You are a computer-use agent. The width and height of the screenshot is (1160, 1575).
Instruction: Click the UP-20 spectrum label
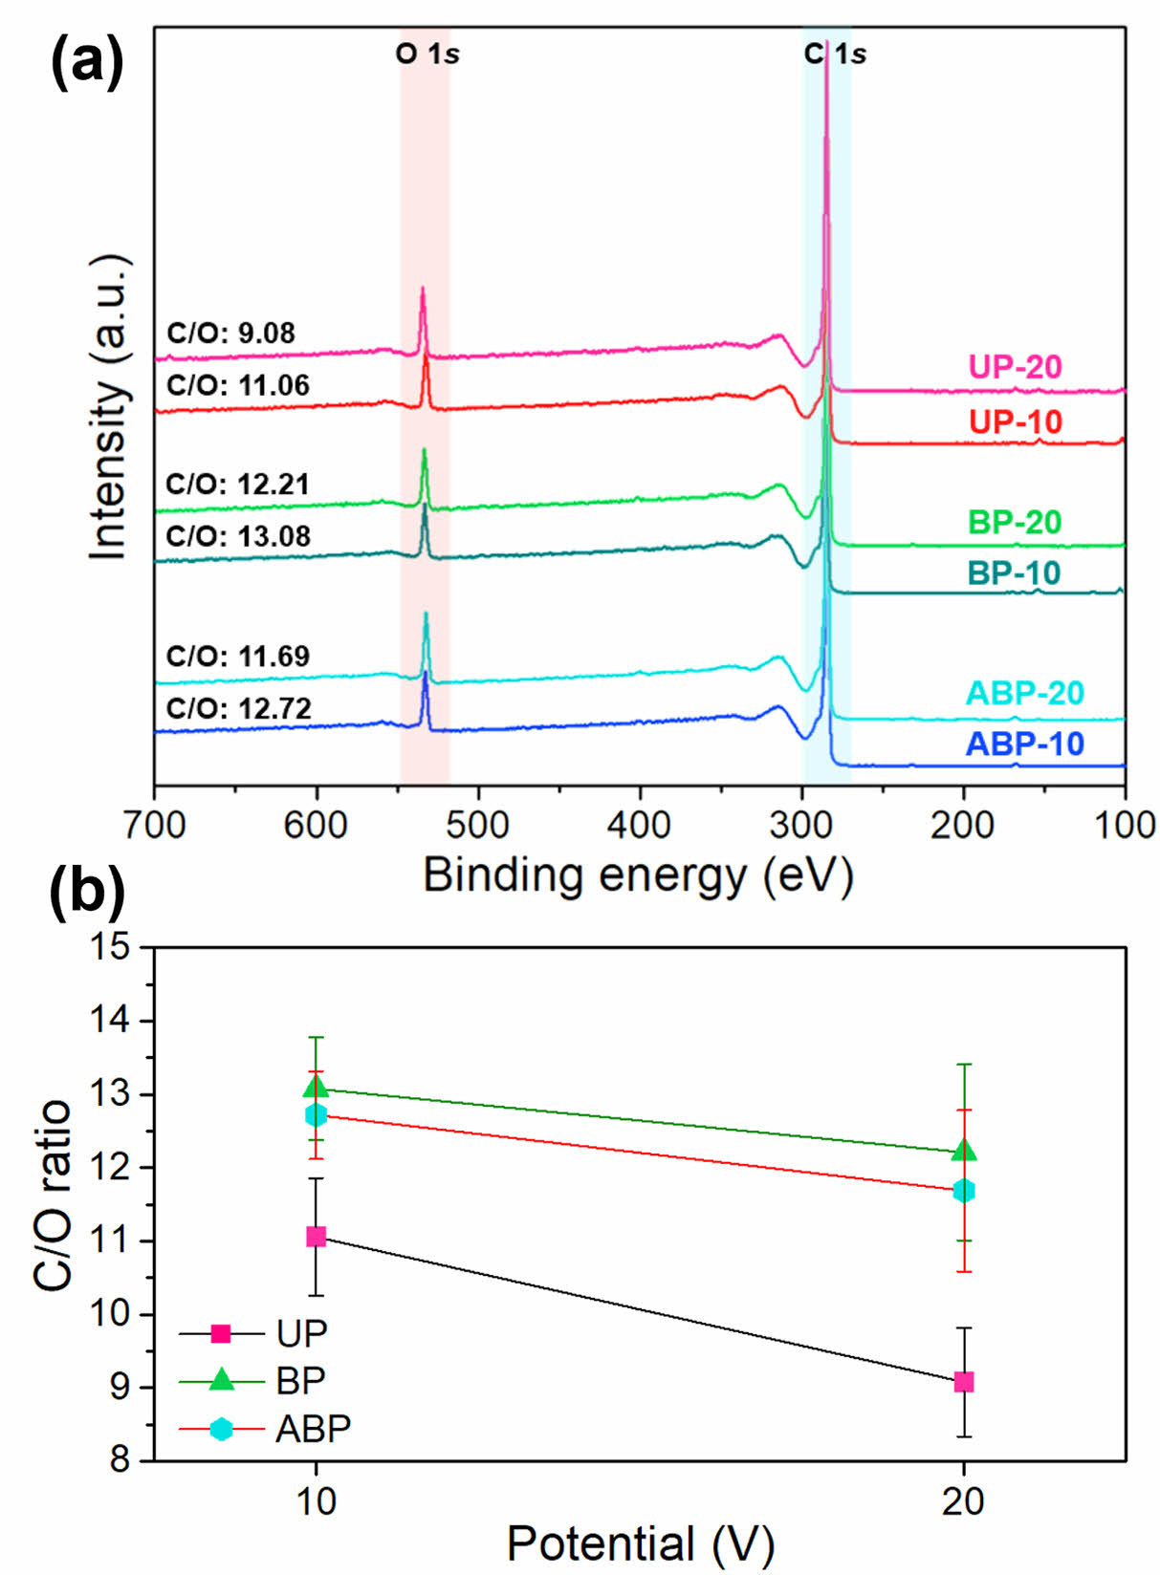[x=1015, y=367]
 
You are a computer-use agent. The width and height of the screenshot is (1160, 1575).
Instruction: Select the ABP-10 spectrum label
[x=1025, y=744]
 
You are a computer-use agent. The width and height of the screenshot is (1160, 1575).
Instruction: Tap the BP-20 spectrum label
[x=1015, y=523]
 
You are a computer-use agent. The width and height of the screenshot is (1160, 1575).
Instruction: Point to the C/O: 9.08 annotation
[x=230, y=334]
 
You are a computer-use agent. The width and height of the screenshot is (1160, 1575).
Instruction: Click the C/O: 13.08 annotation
[x=238, y=536]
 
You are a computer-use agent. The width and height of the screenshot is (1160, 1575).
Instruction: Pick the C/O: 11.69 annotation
[x=238, y=657]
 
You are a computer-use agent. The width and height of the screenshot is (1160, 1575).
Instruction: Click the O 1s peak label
[x=427, y=54]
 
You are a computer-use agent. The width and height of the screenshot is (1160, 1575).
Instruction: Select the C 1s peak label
[x=835, y=54]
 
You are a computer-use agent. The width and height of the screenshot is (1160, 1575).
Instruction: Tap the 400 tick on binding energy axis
[x=640, y=825]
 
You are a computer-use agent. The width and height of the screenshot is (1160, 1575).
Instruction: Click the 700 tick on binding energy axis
[x=155, y=825]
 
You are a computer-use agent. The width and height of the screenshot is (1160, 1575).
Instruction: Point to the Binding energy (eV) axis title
[x=638, y=874]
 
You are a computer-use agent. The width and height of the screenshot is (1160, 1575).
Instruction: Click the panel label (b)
[x=87, y=892]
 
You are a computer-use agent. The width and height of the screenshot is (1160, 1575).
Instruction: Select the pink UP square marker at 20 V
[x=964, y=1382]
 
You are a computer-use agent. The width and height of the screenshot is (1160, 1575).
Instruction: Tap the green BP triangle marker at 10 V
[x=316, y=1088]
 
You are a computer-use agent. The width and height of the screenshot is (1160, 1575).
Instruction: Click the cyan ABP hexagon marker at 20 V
[x=964, y=1191]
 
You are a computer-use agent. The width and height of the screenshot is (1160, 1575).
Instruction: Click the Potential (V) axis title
[x=640, y=1543]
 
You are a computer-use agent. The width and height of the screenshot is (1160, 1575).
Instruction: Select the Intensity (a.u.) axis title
[x=109, y=408]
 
